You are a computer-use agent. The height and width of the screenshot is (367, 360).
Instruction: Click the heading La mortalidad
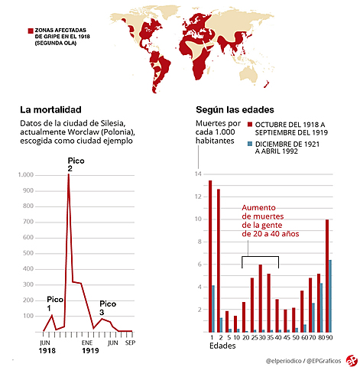tap(50, 109)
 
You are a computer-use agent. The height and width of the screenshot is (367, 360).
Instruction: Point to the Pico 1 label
tap(55, 303)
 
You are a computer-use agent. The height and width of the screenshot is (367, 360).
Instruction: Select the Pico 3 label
tap(108, 307)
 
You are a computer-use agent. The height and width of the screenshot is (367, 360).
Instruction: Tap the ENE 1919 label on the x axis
tap(91, 347)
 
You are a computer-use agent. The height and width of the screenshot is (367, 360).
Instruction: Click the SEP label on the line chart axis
tap(128, 343)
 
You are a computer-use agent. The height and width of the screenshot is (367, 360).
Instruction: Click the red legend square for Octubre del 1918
tap(250, 125)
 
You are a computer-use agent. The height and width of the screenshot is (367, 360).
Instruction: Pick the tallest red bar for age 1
tap(210, 256)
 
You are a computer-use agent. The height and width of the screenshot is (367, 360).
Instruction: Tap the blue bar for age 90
tap(330, 296)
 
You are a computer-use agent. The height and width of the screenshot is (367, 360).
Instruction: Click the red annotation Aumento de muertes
tap(270, 221)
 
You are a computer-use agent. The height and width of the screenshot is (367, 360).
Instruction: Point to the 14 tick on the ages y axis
tap(197, 175)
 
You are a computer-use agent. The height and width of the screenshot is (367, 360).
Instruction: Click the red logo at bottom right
tap(351, 359)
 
